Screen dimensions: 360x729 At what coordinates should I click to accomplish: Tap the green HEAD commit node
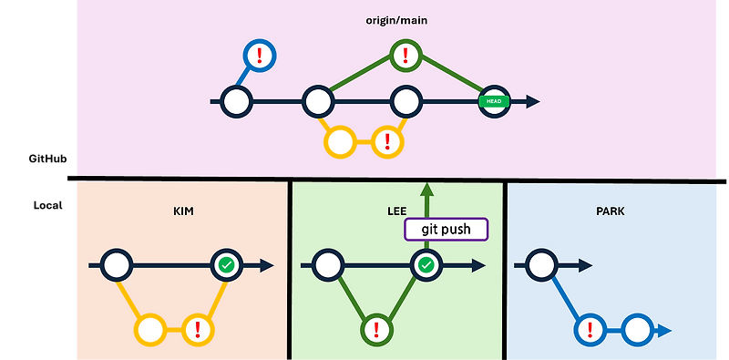[x=495, y=101]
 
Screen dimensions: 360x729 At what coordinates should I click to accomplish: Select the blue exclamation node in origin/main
[x=260, y=56]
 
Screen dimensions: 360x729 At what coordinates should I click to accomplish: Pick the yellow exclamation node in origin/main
[x=388, y=141]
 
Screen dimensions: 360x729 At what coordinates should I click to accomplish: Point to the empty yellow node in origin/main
[x=340, y=141]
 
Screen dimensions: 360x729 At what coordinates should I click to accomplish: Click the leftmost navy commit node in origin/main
[x=236, y=101]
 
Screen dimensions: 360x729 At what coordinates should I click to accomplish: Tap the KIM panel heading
[x=183, y=211]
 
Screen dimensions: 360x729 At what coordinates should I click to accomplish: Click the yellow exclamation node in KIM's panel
[x=198, y=329]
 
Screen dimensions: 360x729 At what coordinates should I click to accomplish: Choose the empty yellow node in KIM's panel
[x=149, y=329]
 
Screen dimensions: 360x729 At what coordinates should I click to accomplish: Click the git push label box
[x=446, y=229]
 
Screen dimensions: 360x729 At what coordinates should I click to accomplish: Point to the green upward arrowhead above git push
[x=426, y=190]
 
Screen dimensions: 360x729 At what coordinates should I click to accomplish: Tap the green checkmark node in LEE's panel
[x=426, y=265]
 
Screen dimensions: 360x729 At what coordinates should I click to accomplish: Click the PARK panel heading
[x=611, y=211]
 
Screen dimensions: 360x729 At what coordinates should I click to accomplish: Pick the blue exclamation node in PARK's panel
[x=590, y=329]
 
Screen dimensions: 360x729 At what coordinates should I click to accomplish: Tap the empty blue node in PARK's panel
[x=639, y=329]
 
